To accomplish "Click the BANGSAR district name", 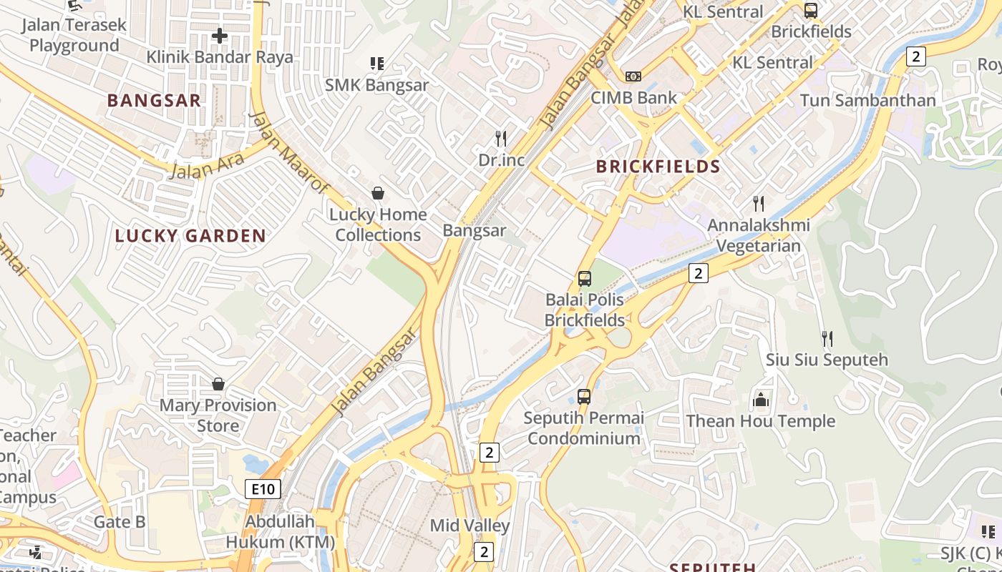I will tap(154, 100).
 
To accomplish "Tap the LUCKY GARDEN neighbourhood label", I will tap(190, 236).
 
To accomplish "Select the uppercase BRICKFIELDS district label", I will tap(658, 167).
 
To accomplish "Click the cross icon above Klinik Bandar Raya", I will tap(220, 35).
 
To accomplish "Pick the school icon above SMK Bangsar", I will tap(377, 64).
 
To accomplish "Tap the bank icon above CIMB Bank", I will tap(633, 76).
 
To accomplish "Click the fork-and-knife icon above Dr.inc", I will tap(501, 138).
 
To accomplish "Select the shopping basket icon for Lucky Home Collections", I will tap(377, 193).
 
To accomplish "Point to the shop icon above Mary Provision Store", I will tap(218, 384).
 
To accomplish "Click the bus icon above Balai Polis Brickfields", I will tap(585, 278).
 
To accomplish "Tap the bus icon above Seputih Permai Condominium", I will tap(584, 396).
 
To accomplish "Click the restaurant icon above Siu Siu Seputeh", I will tap(827, 338).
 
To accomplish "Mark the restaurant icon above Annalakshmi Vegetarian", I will tap(759, 204).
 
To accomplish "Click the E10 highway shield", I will tap(263, 489).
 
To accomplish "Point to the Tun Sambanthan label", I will tap(867, 100).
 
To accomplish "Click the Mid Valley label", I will tap(470, 526).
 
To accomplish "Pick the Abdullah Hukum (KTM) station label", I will tap(280, 531).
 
